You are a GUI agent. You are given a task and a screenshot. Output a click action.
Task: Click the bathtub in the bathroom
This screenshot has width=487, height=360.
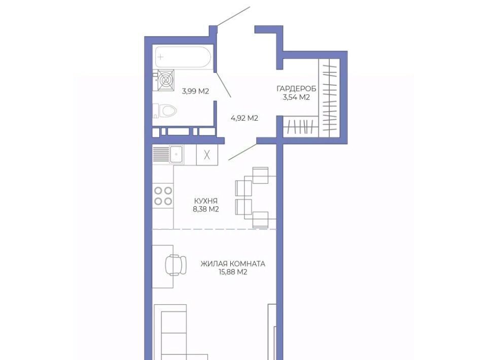[x=183, y=57]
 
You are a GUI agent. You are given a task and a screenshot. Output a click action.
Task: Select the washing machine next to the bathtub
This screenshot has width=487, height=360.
[x=166, y=81]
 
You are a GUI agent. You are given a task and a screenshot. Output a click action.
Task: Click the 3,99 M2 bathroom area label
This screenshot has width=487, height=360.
[x=195, y=91]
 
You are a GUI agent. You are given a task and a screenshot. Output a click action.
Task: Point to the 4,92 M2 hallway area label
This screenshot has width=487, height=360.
[x=245, y=118]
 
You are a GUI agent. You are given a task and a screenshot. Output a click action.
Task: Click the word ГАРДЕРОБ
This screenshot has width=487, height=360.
[x=296, y=89]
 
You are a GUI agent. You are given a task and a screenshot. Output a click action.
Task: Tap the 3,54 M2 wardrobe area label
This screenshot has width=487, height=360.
[x=296, y=97]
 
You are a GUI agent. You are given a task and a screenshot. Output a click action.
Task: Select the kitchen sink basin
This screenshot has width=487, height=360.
[x=176, y=154]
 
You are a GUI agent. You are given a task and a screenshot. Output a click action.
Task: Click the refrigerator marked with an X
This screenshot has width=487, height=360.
[x=207, y=155]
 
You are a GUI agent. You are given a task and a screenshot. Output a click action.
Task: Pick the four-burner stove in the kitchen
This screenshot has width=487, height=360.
[x=163, y=196]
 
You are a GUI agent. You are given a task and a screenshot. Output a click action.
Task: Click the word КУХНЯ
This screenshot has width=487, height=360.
[x=205, y=200]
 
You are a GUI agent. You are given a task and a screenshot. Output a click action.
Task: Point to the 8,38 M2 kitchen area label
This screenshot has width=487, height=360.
[x=205, y=209]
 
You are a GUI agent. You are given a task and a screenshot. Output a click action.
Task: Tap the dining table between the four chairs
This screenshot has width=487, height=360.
[x=260, y=197]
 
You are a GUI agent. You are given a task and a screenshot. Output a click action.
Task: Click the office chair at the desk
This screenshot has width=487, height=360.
[x=176, y=265]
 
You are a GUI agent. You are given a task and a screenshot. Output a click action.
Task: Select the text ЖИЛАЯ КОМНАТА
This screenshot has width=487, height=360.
[x=233, y=264]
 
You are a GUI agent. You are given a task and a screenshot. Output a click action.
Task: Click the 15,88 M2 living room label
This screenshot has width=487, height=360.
[x=233, y=272]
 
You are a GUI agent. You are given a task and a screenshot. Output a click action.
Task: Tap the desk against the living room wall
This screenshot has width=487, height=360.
[x=162, y=266]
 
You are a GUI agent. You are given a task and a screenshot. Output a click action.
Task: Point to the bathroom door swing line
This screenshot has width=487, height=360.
[x=224, y=85]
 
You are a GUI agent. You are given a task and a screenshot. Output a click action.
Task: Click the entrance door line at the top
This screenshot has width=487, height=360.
[x=233, y=16]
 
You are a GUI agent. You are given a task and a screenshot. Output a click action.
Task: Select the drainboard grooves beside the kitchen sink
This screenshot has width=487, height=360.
[x=161, y=154]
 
